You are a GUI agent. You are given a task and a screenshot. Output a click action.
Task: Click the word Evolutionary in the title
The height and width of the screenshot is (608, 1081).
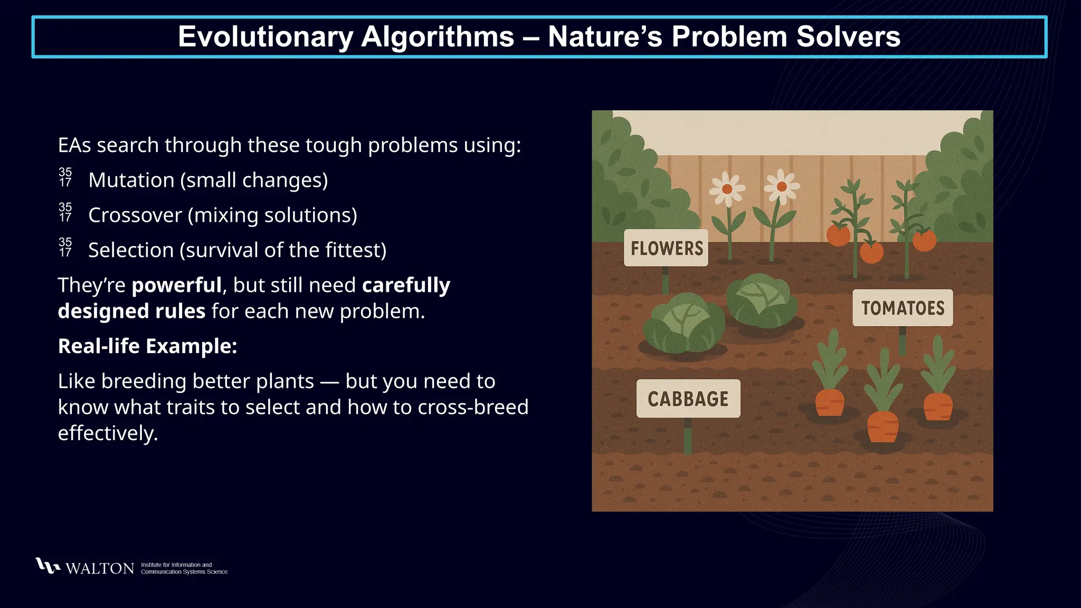[x=265, y=37]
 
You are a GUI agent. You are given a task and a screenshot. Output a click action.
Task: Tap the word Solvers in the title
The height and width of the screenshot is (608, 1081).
[x=848, y=37]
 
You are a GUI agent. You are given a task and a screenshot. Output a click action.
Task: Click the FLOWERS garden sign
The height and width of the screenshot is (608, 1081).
[x=666, y=248]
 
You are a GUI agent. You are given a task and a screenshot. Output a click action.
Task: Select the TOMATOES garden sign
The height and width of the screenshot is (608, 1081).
[x=903, y=308]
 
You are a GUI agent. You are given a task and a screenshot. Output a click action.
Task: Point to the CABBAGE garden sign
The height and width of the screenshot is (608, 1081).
[x=688, y=399]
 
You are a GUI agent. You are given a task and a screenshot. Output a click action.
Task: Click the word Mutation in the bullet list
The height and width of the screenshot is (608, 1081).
[x=131, y=180]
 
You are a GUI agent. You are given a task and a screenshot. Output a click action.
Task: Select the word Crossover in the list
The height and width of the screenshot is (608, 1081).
[x=135, y=215]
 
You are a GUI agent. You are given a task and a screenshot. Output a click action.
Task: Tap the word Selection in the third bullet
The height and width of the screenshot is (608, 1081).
[x=130, y=250]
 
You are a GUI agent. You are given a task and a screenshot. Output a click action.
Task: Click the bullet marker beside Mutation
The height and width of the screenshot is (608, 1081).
[x=65, y=178]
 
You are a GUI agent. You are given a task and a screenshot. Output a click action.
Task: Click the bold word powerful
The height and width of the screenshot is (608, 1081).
[x=176, y=285]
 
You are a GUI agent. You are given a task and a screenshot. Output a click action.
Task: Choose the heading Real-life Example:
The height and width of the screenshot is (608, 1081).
[x=147, y=346]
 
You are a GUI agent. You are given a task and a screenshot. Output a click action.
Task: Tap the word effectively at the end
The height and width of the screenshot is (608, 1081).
[x=108, y=433]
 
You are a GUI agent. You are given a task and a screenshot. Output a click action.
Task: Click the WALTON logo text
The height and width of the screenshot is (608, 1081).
[x=100, y=568]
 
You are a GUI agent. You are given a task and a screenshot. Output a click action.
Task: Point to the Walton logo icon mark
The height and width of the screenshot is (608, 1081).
[x=48, y=566]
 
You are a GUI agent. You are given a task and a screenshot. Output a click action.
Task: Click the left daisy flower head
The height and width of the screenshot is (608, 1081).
[x=727, y=189]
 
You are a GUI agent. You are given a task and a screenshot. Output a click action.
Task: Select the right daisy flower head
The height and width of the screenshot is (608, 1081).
[x=782, y=186]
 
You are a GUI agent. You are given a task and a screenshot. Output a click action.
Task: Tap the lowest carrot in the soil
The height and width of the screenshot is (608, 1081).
[x=883, y=426]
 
